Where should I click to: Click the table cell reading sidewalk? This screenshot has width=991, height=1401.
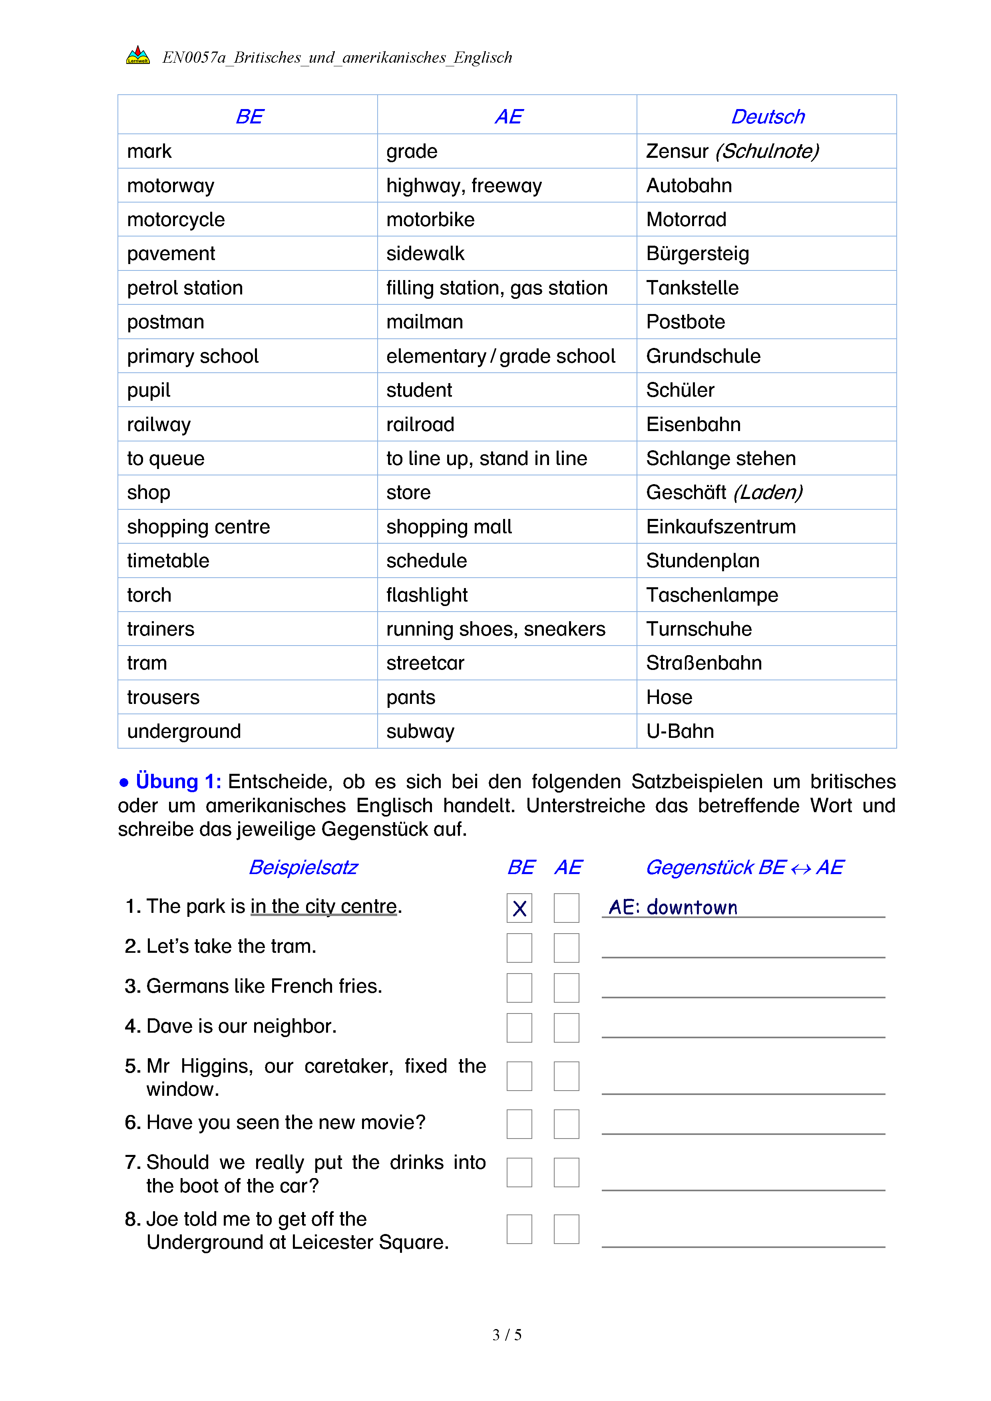(425, 253)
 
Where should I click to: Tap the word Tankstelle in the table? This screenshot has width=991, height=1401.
(692, 287)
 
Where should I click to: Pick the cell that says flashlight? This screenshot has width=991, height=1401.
(426, 594)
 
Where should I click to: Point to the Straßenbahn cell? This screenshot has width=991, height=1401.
(704, 663)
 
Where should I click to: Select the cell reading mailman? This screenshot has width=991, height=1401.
(425, 322)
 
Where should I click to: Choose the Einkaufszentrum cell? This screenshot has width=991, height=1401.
(720, 526)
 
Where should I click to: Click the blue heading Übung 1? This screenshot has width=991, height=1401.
(177, 781)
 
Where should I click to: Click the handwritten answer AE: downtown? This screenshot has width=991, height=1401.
(673, 907)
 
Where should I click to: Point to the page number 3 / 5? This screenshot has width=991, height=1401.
(506, 1335)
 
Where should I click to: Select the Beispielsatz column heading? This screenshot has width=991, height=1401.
(303, 867)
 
